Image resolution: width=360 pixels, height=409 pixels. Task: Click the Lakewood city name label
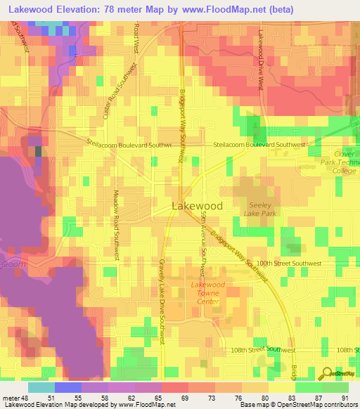(x=198, y=206)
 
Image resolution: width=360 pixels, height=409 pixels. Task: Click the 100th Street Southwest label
(x=288, y=263)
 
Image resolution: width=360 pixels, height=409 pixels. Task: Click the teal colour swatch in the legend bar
(x=41, y=387)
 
